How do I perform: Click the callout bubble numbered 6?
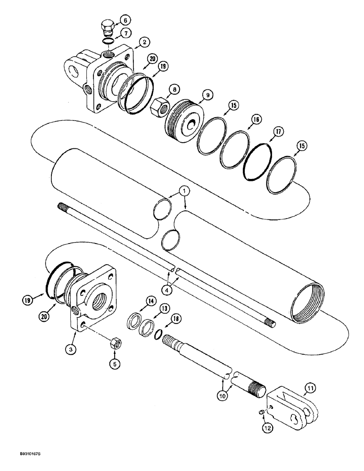pyautogui.click(x=124, y=20)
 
